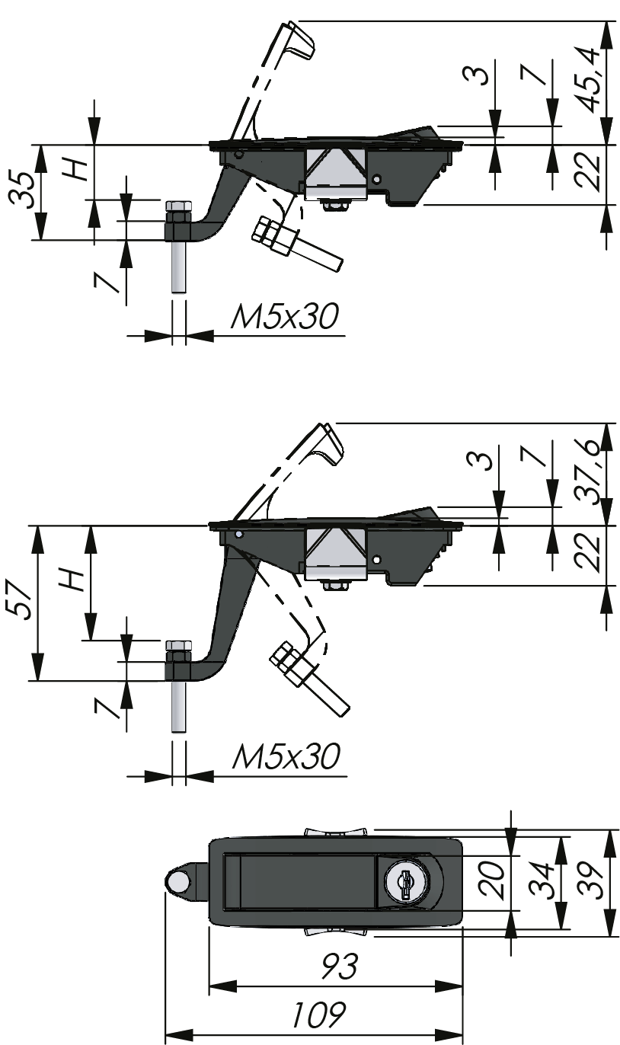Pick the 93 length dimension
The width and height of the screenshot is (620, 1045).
(337, 968)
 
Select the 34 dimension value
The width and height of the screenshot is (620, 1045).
(542, 881)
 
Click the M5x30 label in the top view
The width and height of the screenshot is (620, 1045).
(283, 317)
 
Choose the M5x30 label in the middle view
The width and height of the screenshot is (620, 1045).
(285, 757)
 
